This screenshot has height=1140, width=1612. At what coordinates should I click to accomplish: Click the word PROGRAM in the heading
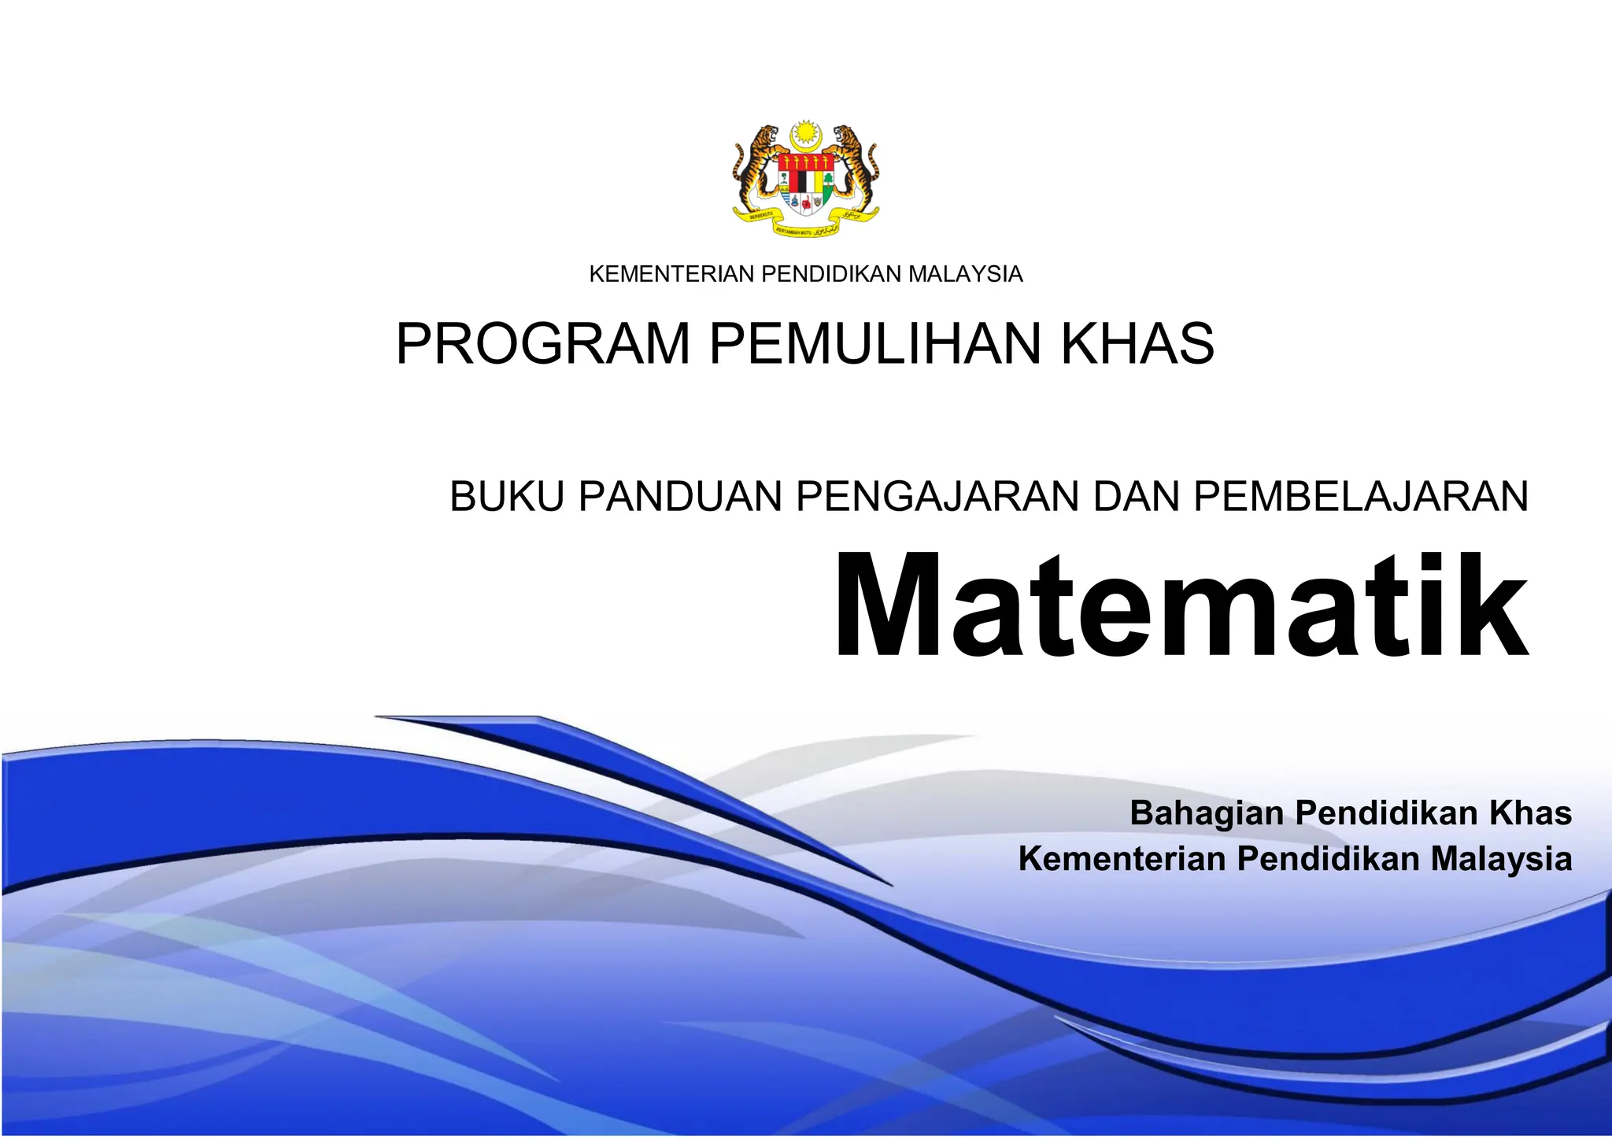542,344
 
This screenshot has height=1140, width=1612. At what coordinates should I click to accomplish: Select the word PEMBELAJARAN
1361,497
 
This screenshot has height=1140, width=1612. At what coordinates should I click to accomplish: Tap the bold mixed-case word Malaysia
1501,858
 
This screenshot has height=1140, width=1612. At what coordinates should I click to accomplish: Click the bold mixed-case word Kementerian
1122,858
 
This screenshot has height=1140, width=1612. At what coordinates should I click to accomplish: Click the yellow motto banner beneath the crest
806,224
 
